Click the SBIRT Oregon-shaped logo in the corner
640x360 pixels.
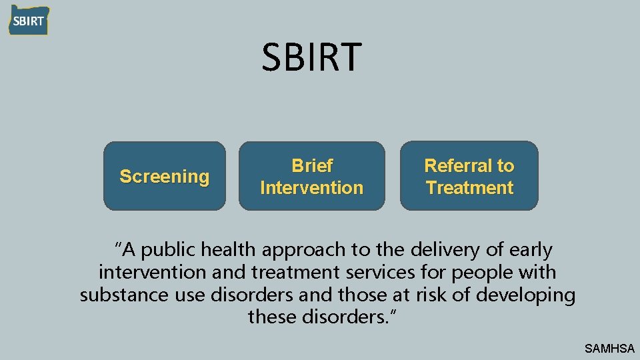pos(28,20)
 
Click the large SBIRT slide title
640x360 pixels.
pos(312,57)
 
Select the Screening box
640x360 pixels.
pos(164,176)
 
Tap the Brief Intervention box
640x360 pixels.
pos(312,176)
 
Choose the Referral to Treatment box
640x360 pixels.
pos(469,176)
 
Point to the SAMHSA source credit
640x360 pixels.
pos(609,348)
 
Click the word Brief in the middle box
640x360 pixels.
pos(312,165)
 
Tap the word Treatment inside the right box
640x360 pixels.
pos(469,188)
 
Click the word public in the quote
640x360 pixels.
pos(169,250)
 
